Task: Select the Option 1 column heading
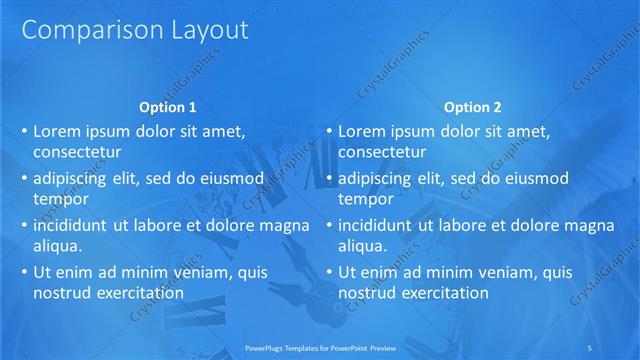pos(167,107)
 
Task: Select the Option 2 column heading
pos(472,107)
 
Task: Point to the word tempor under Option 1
pos(61,199)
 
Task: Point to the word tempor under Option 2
pos(366,199)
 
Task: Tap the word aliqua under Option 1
pos(57,246)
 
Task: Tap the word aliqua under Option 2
pos(362,246)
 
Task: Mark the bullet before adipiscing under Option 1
pos(24,179)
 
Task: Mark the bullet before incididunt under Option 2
pos(329,226)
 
